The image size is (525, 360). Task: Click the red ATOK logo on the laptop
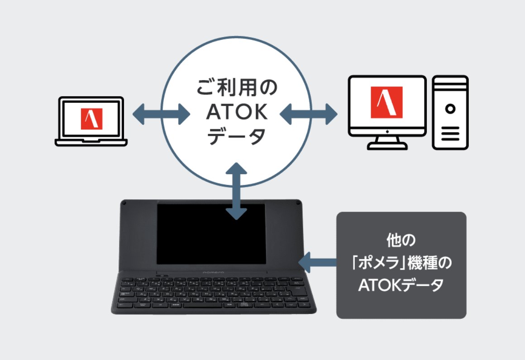(92, 119)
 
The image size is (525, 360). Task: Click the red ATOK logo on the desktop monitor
(387, 103)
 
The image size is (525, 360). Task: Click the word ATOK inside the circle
(237, 113)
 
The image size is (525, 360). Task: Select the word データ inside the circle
(237, 136)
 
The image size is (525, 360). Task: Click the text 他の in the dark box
(401, 240)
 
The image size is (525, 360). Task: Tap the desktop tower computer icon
(450, 113)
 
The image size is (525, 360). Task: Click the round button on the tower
(450, 109)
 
